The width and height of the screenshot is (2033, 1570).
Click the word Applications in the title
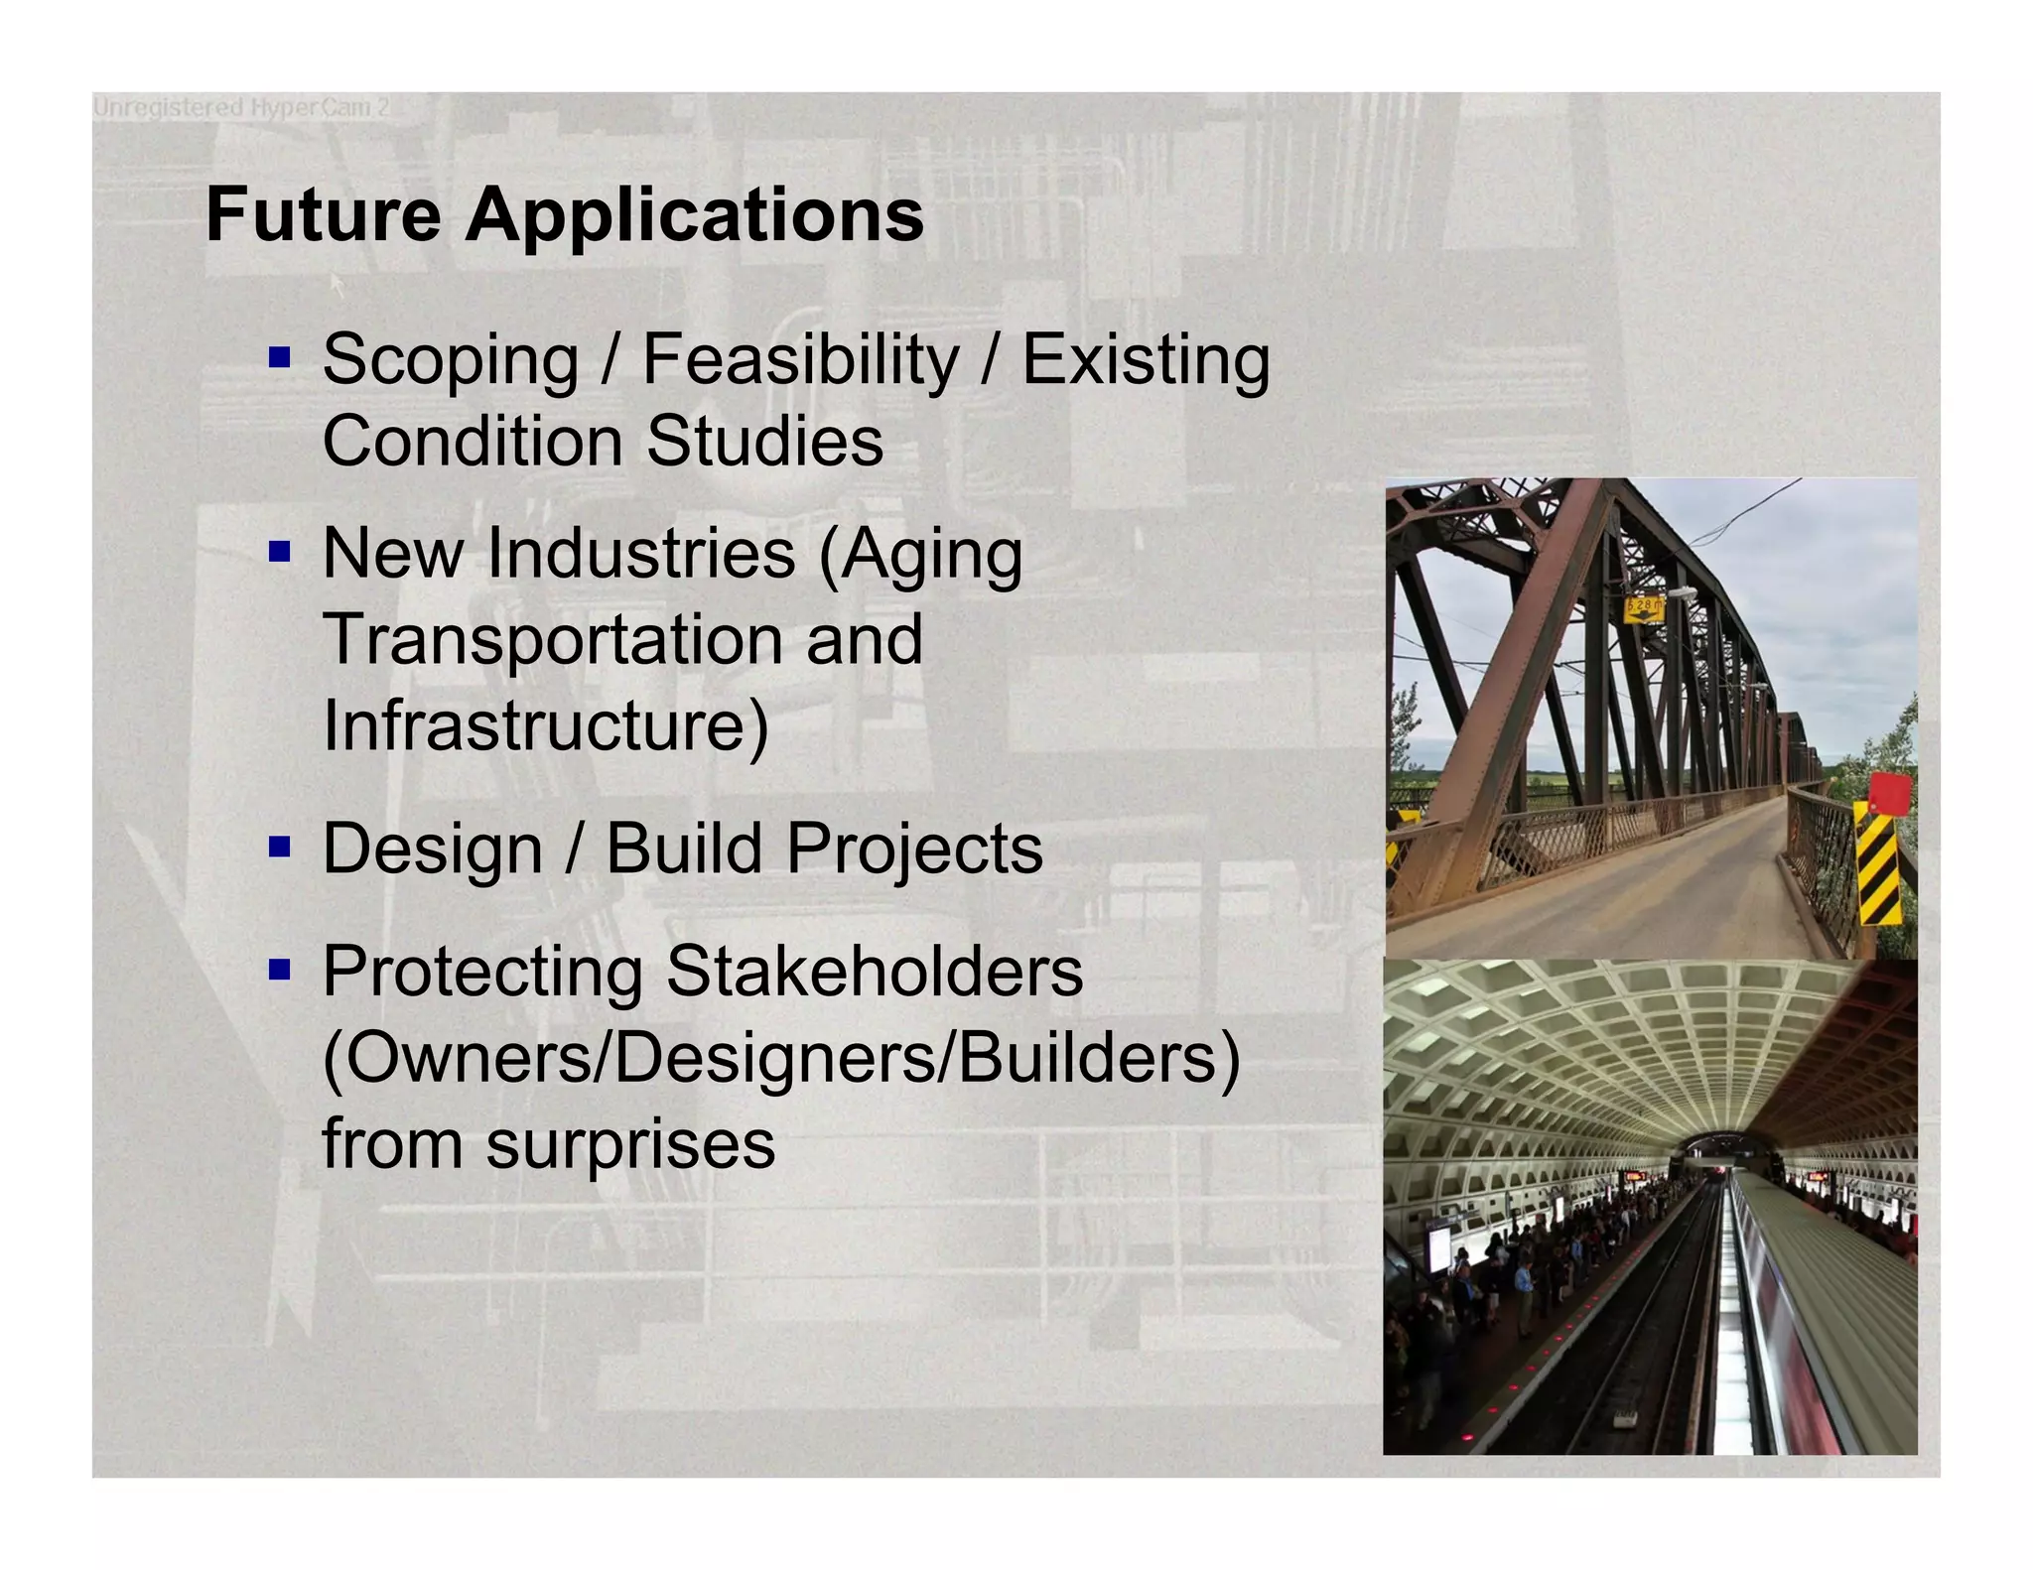click(695, 216)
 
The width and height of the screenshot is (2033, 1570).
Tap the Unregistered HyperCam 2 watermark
click(241, 107)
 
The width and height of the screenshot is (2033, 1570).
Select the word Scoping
click(450, 360)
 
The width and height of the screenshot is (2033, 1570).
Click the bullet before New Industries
click(280, 551)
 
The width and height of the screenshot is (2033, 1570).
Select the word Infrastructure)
click(546, 725)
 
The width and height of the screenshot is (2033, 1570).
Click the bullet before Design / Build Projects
click(280, 847)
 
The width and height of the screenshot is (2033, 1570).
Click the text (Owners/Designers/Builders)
click(781, 1058)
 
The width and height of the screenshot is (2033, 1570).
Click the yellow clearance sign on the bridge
click(1645, 607)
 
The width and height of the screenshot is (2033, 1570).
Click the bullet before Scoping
click(280, 356)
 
